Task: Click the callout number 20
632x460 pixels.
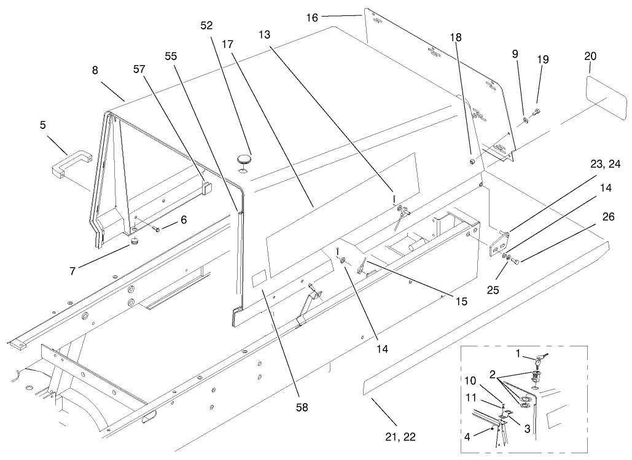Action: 590,56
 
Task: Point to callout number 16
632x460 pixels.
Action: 312,18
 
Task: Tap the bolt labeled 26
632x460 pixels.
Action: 517,262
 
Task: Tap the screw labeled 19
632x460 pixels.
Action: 536,111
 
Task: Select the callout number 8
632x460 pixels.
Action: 95,70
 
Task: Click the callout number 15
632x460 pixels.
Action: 461,302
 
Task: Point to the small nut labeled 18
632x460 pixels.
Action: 471,162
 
